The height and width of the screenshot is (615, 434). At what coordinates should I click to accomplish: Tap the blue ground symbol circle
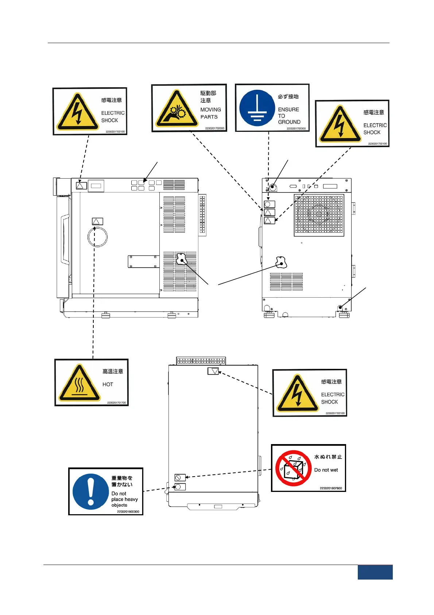[x=257, y=108]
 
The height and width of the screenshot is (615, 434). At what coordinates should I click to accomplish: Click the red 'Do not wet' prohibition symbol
[x=293, y=468]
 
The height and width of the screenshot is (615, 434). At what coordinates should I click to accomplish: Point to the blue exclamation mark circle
[x=91, y=492]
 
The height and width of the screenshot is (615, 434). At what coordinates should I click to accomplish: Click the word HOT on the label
[x=108, y=385]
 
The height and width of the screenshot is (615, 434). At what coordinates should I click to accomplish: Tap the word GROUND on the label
[x=289, y=122]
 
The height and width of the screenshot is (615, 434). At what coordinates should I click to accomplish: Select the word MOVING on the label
[x=210, y=110]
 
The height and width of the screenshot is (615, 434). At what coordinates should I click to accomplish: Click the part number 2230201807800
[x=331, y=488]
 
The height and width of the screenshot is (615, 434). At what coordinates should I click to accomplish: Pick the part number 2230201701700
[x=116, y=403]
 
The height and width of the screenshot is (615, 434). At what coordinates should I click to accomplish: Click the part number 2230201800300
[x=128, y=512]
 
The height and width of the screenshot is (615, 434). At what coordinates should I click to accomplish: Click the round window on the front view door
[x=98, y=237]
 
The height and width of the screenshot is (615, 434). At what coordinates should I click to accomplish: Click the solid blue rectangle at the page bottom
[x=375, y=572]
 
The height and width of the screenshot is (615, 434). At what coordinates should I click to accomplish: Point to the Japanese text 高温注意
[x=113, y=371]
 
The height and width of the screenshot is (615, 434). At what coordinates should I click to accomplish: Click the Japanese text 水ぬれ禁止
[x=328, y=457]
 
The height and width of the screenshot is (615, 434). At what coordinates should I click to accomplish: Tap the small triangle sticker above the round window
[x=97, y=221]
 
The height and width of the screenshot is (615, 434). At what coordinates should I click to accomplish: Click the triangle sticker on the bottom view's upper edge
[x=213, y=371]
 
